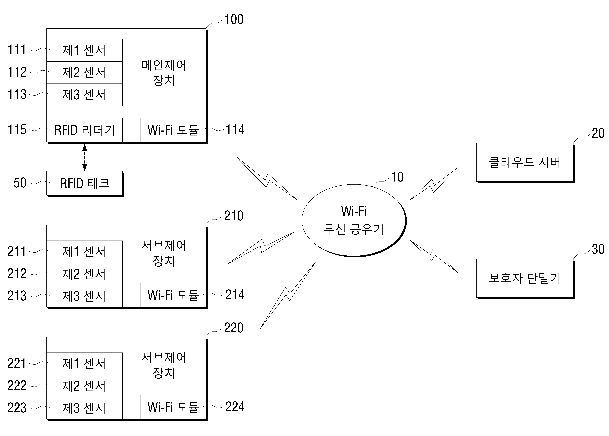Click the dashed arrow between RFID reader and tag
(85, 158)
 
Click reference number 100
(234, 20)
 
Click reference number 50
(20, 183)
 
